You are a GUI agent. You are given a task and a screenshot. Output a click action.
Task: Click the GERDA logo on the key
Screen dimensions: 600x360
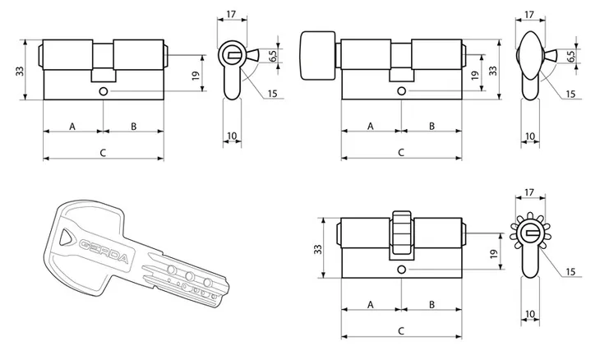(x=104, y=251)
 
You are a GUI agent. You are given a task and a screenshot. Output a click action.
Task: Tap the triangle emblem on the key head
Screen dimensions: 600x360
(x=66, y=238)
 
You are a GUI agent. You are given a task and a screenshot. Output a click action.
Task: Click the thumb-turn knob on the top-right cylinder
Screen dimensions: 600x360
(x=318, y=55)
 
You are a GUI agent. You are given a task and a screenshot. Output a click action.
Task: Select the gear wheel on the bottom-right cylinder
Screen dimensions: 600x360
(x=402, y=233)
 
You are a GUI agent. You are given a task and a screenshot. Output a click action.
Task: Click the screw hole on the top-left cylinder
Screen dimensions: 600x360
(x=103, y=91)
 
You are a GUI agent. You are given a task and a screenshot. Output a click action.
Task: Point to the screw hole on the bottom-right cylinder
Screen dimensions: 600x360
(x=401, y=270)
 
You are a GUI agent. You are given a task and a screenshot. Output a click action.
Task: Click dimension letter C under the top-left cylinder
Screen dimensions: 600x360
(x=103, y=153)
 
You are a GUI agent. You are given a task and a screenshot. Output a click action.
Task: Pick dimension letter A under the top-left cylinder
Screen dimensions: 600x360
(x=72, y=127)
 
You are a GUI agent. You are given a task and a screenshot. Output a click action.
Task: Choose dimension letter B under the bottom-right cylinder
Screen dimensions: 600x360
(x=432, y=305)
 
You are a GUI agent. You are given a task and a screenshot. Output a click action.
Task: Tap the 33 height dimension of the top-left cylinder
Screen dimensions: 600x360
(x=20, y=71)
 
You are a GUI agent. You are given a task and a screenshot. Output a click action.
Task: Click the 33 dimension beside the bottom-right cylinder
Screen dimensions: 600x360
(x=318, y=249)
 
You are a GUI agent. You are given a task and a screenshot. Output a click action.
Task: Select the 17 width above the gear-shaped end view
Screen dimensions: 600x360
(x=529, y=192)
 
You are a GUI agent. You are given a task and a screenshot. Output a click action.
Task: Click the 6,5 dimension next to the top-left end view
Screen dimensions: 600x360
(x=273, y=56)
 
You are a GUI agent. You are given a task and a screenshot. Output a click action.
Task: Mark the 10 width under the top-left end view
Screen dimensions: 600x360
(x=232, y=136)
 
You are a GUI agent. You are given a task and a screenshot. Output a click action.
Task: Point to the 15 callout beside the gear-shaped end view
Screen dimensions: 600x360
(x=570, y=272)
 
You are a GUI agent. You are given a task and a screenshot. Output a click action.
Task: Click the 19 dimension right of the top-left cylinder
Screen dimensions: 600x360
(x=196, y=76)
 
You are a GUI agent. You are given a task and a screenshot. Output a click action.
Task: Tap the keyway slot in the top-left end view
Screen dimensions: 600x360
(x=233, y=56)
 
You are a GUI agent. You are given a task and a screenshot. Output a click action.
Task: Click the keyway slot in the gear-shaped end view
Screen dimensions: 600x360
(x=532, y=233)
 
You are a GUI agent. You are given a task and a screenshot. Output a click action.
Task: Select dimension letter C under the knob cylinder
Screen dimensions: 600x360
(x=400, y=153)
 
